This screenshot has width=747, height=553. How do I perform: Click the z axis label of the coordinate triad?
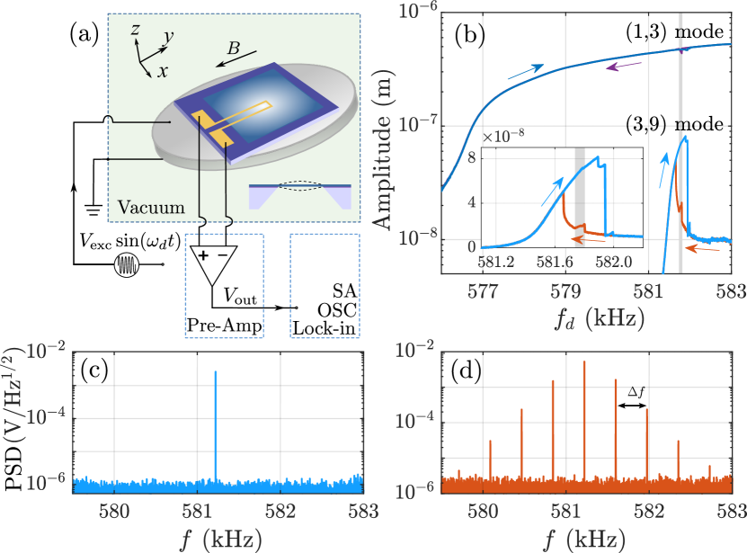(x=135, y=29)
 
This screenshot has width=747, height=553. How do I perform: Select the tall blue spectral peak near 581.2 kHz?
(x=216, y=423)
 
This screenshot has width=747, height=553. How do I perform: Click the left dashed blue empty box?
(x=224, y=286)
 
